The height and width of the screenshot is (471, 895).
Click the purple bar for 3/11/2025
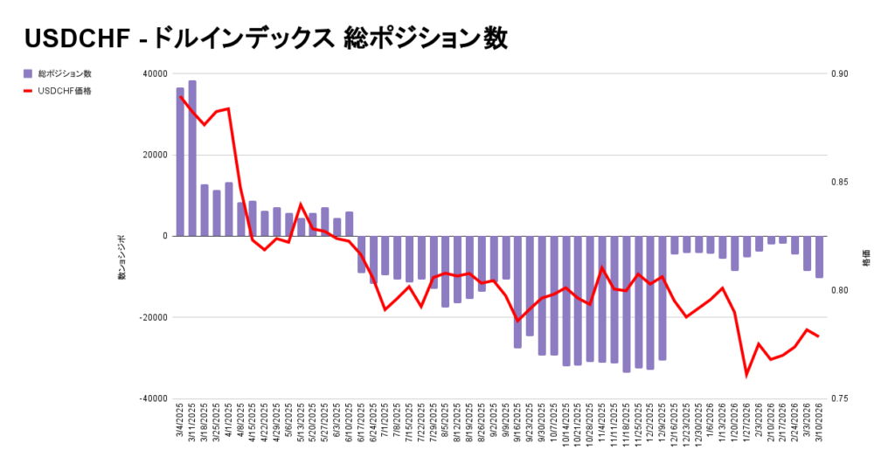[x=192, y=158]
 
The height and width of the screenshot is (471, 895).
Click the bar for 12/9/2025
[x=663, y=298]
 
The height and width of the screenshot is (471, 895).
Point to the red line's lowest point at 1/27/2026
[x=746, y=375]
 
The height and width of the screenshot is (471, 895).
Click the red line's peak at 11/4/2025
[x=602, y=267]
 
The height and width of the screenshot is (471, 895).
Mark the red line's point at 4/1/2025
[x=228, y=108]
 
